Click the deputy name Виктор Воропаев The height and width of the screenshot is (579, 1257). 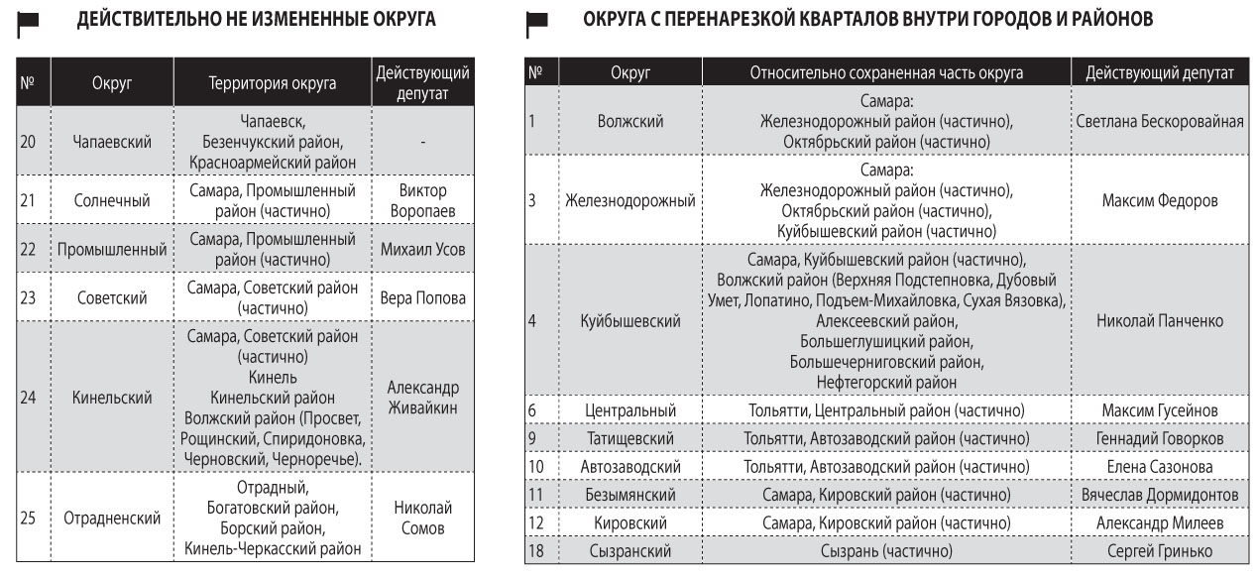[x=422, y=200]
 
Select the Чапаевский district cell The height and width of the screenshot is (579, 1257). [x=112, y=142]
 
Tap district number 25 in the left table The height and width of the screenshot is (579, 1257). [x=28, y=519]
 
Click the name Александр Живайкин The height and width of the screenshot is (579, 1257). [x=422, y=398]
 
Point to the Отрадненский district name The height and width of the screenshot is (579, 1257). [x=112, y=519]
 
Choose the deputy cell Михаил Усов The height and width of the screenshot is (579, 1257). [x=422, y=250]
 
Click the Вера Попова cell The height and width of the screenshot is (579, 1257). [x=422, y=298]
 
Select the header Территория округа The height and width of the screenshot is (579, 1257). [x=272, y=84]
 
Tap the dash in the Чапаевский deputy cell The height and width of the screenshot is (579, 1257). [x=422, y=142]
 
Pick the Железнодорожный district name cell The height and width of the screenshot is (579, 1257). [x=630, y=200]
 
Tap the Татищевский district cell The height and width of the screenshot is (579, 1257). [x=630, y=438]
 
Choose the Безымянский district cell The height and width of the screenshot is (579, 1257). [x=630, y=495]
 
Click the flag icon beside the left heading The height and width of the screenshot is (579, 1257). [x=28, y=21]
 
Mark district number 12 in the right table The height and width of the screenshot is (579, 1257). [x=536, y=522]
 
